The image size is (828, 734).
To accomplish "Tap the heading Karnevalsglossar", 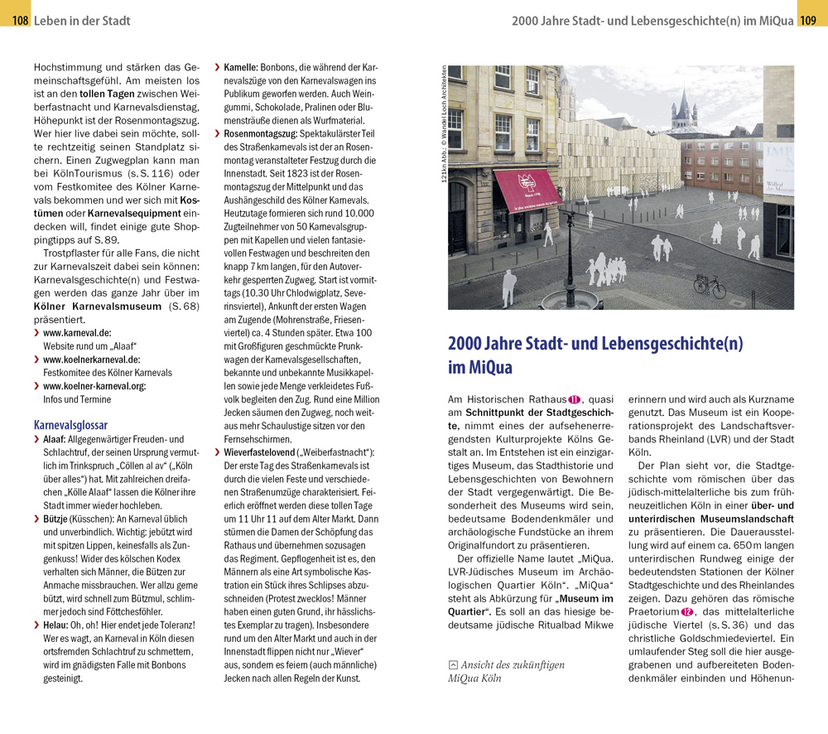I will point(70,424).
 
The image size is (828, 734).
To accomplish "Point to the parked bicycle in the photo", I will point(709,285).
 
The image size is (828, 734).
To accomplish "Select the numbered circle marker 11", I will point(573,399).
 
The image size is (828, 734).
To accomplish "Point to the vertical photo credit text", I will point(444,124).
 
